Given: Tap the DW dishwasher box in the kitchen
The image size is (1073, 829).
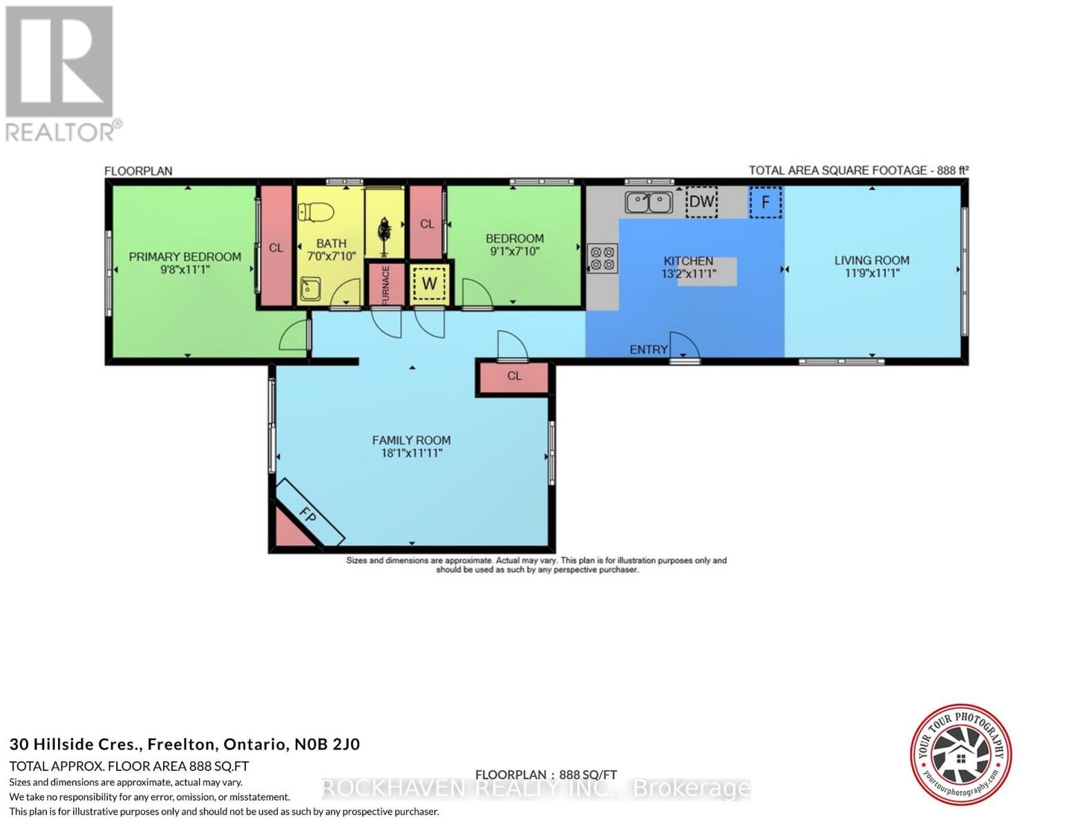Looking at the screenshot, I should coord(701,202).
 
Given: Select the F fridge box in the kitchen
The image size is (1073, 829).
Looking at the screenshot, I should coord(766,202).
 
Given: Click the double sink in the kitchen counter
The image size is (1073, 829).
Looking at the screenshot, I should coord(649,202).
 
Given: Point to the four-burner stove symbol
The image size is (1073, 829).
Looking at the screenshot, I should coord(602,258).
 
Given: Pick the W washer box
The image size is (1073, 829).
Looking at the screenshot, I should coord(429,283).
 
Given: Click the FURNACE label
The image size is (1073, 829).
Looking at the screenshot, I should coord(386,284).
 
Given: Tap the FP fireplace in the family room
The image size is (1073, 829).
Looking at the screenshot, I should coord(309,512).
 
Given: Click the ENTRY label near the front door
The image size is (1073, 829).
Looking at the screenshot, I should coord(648,350).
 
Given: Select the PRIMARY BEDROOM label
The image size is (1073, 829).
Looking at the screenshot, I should coord(184,257).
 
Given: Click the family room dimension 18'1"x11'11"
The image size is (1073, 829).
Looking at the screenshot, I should coord(411,453).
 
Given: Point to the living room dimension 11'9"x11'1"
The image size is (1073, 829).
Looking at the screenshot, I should coord(871,274).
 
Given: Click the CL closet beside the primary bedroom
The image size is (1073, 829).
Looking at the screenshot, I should coord(276,247).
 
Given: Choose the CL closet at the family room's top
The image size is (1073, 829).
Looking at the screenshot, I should coord(514,377).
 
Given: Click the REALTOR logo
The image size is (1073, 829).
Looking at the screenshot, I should coord(60,73).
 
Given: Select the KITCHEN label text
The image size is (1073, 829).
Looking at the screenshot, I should coord(688,260).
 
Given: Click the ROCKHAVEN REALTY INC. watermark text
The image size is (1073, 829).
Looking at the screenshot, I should coord(536,788).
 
